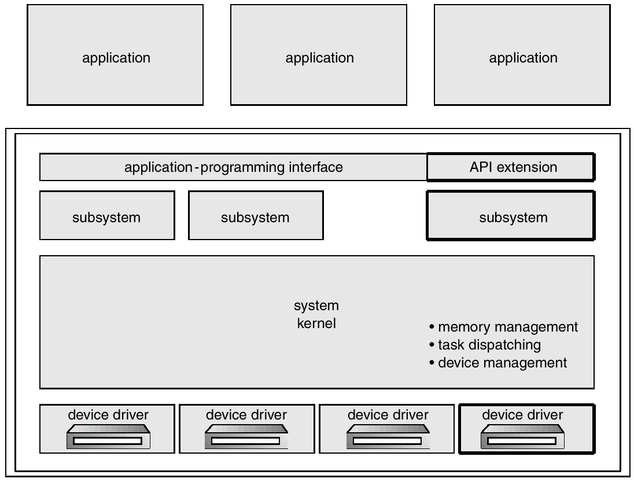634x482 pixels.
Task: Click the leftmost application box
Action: point(115,55)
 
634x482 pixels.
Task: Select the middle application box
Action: point(319,55)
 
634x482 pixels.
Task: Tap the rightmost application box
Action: point(522,55)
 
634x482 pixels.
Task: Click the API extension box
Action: point(510,167)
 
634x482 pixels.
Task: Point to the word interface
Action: point(315,167)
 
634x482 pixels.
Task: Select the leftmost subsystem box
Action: point(107,215)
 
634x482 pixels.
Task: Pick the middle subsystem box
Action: point(256,215)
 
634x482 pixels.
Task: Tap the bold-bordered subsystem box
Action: point(510,215)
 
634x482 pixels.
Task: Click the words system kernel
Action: point(316,314)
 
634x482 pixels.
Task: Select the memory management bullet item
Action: point(504,327)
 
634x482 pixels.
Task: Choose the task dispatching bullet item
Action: point(485,345)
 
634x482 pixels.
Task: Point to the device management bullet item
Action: point(499,363)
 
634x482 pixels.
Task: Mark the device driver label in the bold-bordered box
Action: point(522,415)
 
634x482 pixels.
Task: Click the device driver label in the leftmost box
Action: point(108,415)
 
